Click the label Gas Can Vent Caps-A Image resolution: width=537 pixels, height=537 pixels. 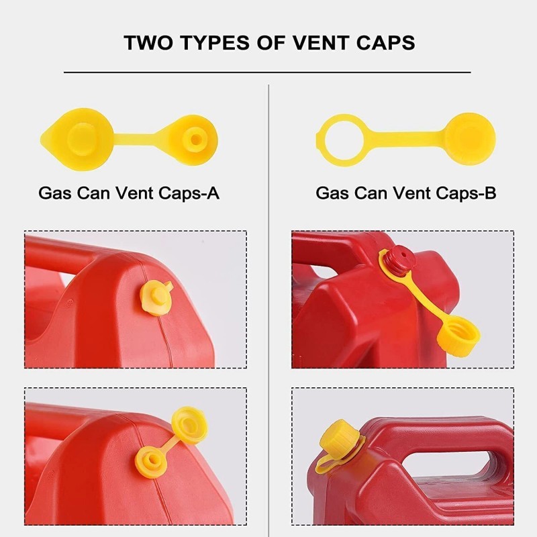click(129, 194)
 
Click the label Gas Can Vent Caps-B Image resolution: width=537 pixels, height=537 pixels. click(406, 194)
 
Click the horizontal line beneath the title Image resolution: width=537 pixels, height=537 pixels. click(268, 72)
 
